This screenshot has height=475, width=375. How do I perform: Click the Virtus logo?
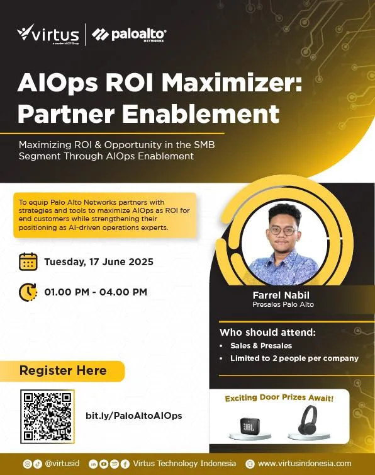tap(48, 34)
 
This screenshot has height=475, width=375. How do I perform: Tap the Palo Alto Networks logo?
tap(129, 35)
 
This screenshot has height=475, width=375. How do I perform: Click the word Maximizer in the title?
tap(232, 83)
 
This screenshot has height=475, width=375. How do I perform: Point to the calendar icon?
tap(28, 261)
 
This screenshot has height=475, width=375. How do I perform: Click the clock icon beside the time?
tap(28, 292)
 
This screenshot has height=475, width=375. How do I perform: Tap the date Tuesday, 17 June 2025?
tap(99, 261)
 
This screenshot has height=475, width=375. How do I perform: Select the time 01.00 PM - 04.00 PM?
tap(96, 292)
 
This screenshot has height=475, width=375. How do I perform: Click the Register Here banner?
tap(62, 371)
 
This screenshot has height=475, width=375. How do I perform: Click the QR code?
tap(47, 416)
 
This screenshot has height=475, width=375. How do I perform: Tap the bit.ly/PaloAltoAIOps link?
tap(134, 416)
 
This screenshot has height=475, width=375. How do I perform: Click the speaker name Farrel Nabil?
tap(281, 295)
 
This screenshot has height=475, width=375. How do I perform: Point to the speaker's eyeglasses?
tap(283, 231)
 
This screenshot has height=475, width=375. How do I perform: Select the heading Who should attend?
tap(267, 333)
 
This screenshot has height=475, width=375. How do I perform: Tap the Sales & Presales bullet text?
tap(261, 346)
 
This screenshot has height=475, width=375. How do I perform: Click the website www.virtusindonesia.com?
tap(305, 464)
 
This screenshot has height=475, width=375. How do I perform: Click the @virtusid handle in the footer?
tap(62, 464)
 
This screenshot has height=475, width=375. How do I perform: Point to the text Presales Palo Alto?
tap(283, 304)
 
